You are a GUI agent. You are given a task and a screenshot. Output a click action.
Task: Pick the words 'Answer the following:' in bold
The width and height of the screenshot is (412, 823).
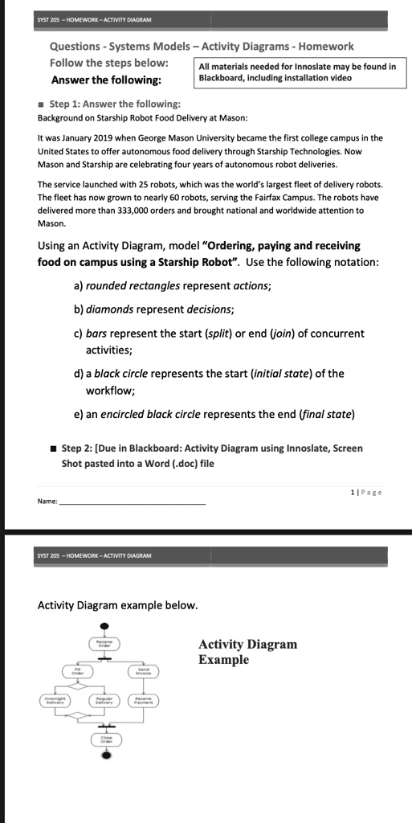tap(105, 80)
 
